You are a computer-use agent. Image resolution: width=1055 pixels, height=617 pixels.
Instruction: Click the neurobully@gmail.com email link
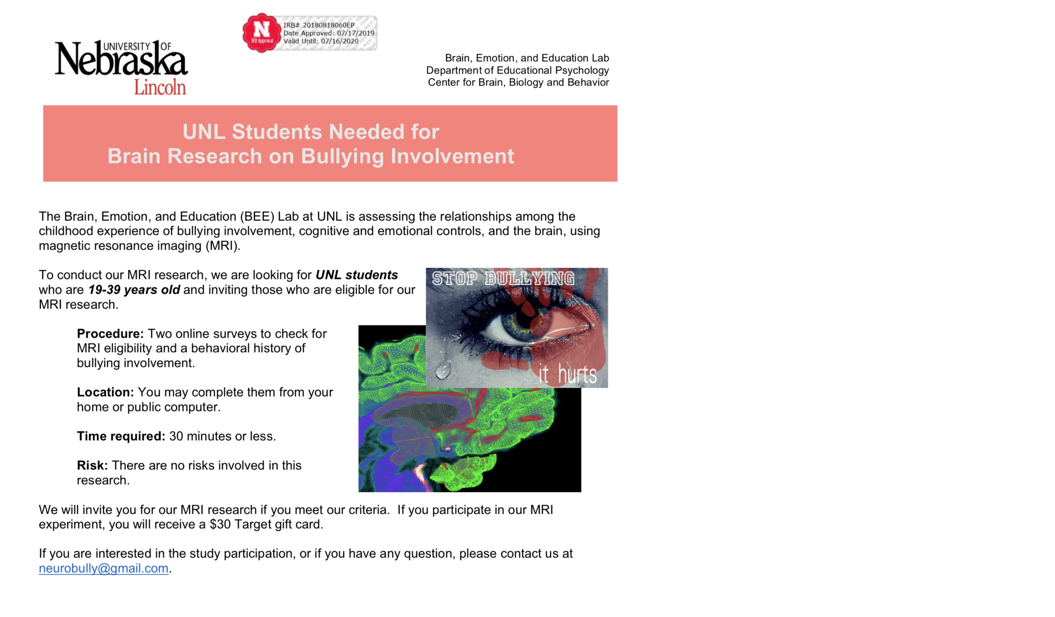[x=104, y=568]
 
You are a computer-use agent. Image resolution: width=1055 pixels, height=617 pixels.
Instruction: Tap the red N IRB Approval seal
[x=261, y=33]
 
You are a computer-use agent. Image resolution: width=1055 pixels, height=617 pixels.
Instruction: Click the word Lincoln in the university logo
[x=160, y=87]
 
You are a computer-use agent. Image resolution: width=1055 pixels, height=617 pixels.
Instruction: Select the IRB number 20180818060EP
[x=328, y=25]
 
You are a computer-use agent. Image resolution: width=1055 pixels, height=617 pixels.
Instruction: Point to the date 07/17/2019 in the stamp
[x=355, y=33]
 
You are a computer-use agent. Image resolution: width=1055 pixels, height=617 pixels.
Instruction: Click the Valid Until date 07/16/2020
[x=340, y=41]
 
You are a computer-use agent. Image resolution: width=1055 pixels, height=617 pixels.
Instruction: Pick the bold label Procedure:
[x=110, y=334]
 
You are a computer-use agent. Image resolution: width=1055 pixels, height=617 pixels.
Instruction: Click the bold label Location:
[x=105, y=392]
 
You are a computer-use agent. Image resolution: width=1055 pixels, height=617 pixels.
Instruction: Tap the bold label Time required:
[x=121, y=436]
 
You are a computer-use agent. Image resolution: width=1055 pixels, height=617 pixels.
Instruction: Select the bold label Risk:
[x=92, y=465]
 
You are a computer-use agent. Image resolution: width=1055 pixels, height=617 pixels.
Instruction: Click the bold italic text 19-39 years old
[x=134, y=290]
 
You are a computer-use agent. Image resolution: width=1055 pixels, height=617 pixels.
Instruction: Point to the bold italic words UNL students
[x=356, y=275]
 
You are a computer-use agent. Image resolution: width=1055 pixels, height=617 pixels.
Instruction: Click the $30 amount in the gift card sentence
[x=220, y=524]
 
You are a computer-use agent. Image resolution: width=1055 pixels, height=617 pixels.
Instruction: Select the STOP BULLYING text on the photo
[x=503, y=279]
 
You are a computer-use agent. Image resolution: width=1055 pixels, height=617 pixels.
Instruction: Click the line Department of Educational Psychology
[x=517, y=70]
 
